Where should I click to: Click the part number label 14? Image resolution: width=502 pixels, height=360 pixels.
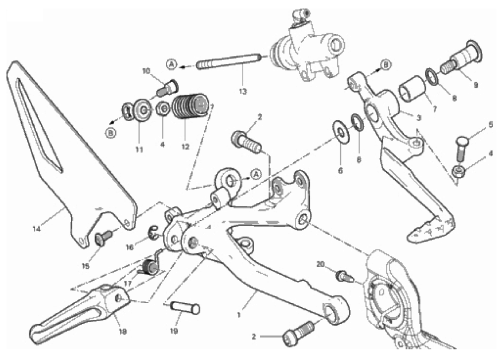tap(37, 229)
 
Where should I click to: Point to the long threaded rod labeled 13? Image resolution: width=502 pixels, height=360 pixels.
tap(228, 62)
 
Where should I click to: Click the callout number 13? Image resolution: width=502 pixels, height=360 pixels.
tap(243, 92)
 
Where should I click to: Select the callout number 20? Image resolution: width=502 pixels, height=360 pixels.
tap(321, 264)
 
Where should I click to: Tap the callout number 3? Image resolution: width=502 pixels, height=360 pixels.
tap(418, 118)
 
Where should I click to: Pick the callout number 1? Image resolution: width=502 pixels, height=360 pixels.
tap(239, 315)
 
